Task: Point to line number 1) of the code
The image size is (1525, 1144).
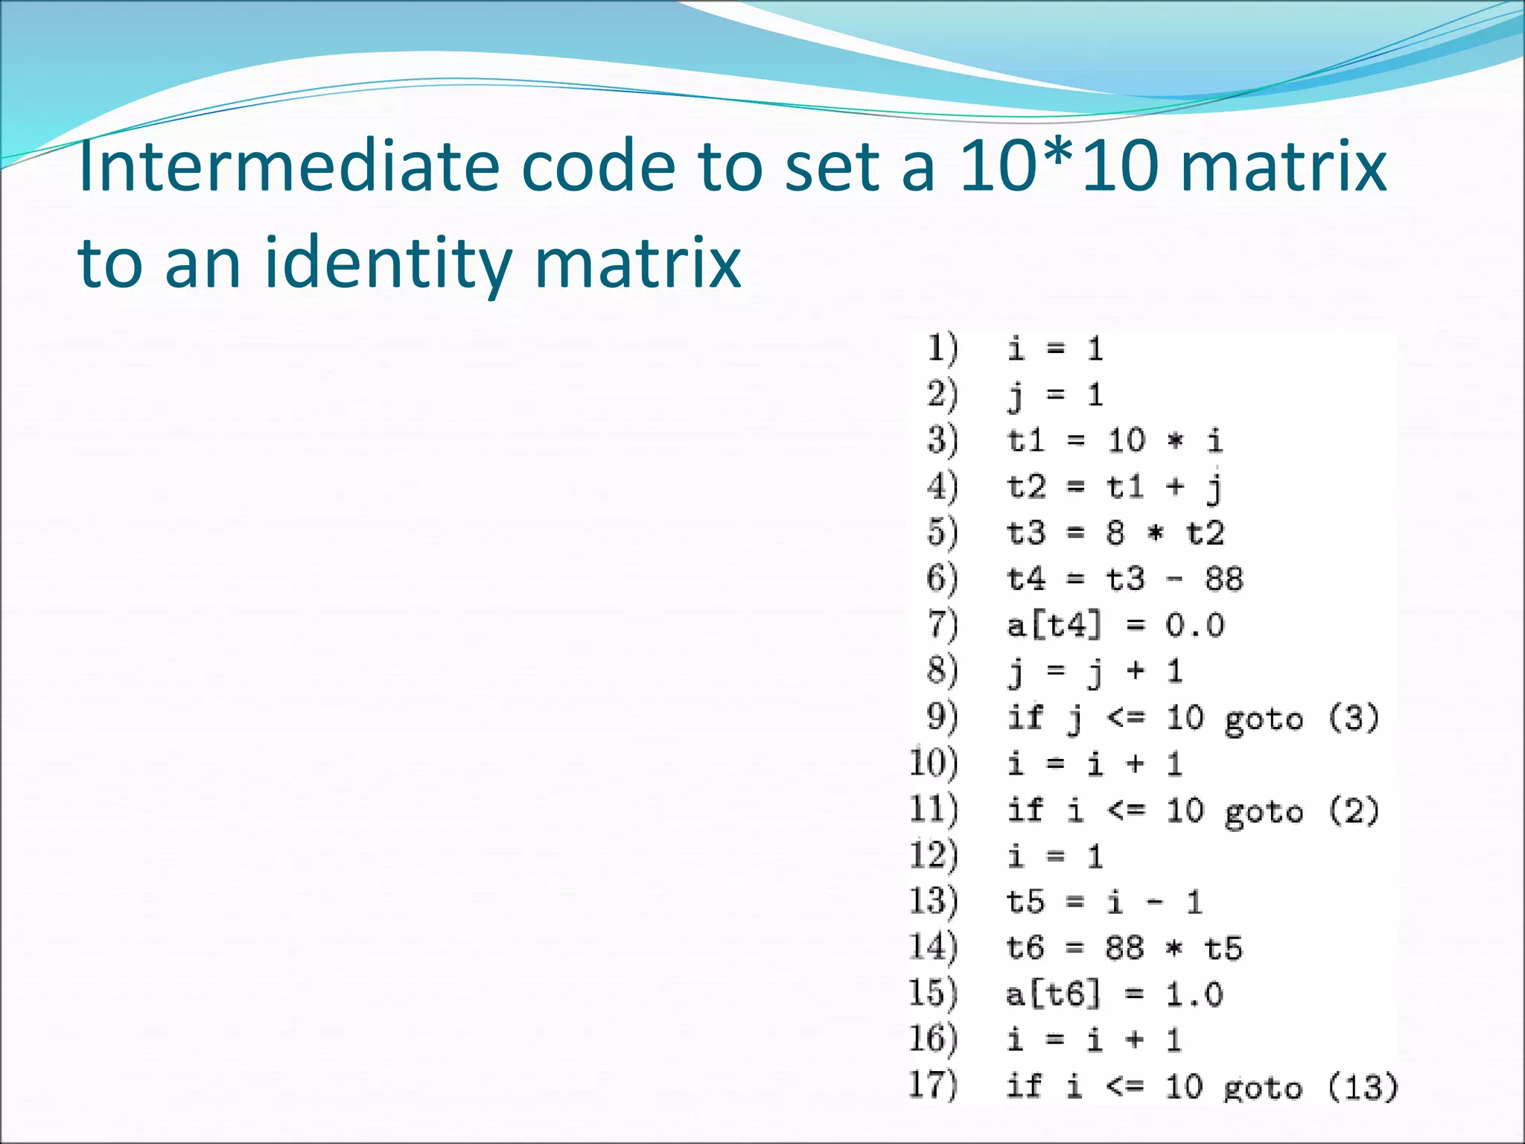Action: pyautogui.click(x=942, y=349)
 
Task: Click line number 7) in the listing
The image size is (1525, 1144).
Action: pyautogui.click(x=942, y=624)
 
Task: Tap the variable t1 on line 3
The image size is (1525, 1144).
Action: pyautogui.click(x=1026, y=440)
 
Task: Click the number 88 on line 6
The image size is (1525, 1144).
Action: pyautogui.click(x=1224, y=579)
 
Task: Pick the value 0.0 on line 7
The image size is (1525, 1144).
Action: pyautogui.click(x=1194, y=625)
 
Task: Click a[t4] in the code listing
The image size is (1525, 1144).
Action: pyautogui.click(x=1053, y=625)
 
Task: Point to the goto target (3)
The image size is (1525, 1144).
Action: pyautogui.click(x=1354, y=717)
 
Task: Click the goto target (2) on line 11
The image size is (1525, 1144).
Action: pyautogui.click(x=1354, y=810)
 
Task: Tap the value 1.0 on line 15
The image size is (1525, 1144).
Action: pyautogui.click(x=1194, y=994)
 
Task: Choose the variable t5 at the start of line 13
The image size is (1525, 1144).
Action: pyautogui.click(x=1025, y=902)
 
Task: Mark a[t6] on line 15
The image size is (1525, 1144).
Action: pyautogui.click(x=1052, y=994)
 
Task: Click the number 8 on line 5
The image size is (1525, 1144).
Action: pyautogui.click(x=1115, y=533)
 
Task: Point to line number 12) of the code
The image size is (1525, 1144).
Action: pyautogui.click(x=934, y=855)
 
